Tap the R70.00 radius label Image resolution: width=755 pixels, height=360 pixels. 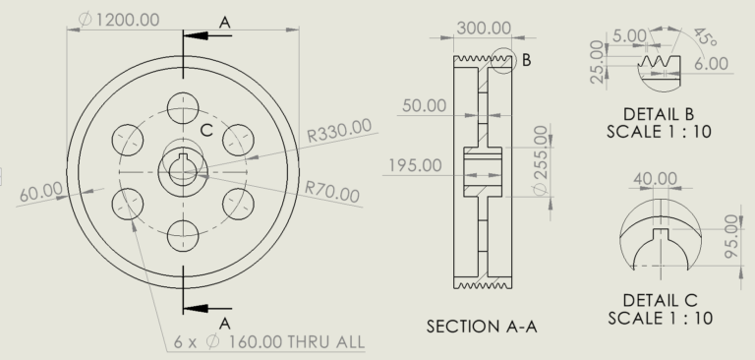pos(332,191)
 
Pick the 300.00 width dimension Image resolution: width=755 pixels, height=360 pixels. pos(484,28)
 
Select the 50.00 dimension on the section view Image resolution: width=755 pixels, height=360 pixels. pos(424,105)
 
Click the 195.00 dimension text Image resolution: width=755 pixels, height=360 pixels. pos(414,164)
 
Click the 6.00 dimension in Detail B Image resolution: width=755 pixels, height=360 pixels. pos(711,63)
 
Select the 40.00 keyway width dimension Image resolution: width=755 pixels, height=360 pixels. pos(656,179)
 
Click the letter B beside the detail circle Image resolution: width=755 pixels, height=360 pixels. pos(526,60)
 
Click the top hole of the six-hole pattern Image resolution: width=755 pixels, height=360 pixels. pos(183,105)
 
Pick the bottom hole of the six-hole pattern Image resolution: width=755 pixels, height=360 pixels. pos(183,236)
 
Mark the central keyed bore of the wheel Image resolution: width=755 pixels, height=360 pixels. pos(183,170)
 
